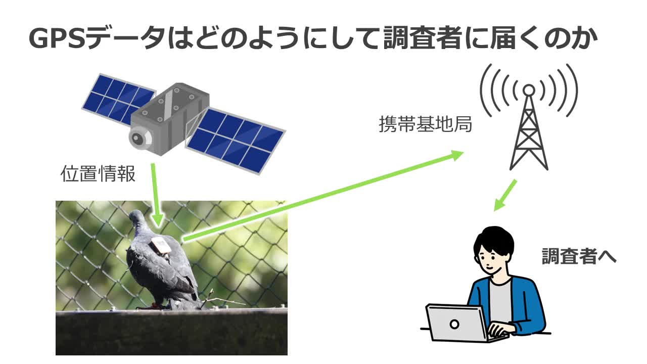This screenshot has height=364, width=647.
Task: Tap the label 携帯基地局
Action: (425, 124)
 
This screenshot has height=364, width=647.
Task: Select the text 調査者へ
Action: (579, 256)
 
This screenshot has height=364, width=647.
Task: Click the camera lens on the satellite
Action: (138, 136)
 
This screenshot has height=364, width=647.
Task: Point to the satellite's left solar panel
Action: (117, 99)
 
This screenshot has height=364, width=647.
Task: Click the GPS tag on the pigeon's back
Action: (161, 245)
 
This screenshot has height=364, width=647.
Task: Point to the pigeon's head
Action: (137, 219)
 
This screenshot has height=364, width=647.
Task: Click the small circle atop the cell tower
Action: (528, 90)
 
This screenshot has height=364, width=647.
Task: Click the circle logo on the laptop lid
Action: (454, 324)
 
